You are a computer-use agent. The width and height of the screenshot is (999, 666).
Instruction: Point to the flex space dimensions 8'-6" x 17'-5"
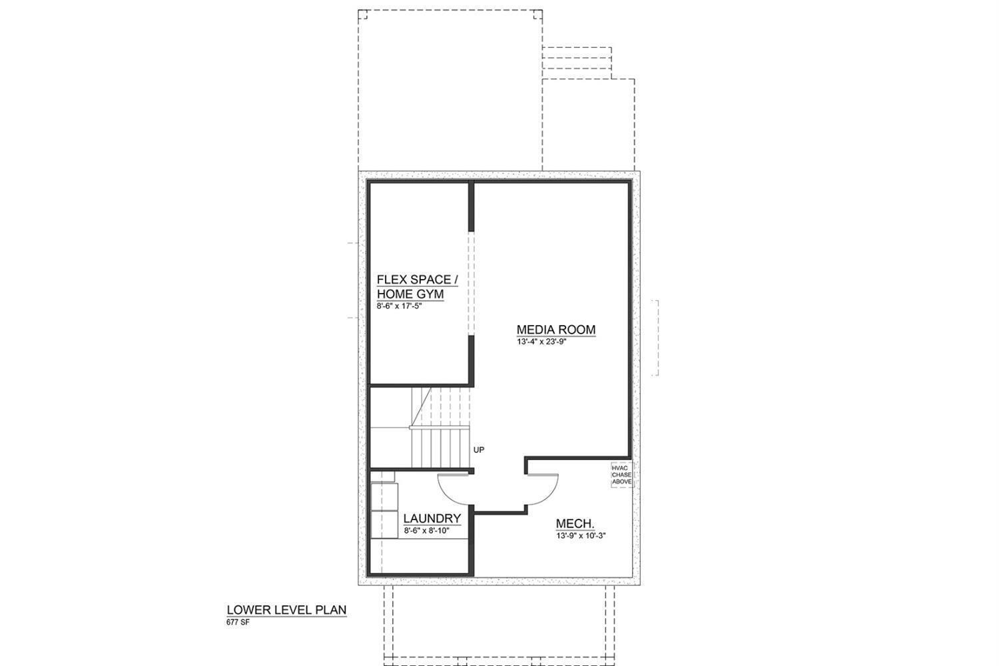(400, 307)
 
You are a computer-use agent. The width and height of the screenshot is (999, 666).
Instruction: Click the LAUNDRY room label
(432, 519)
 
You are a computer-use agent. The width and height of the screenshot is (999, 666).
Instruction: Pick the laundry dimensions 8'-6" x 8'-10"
(427, 531)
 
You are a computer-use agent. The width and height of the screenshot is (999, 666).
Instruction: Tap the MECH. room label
(575, 523)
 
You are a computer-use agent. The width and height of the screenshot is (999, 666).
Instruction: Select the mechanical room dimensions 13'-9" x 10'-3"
(580, 535)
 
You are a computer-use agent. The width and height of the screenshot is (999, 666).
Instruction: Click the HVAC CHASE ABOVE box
(621, 475)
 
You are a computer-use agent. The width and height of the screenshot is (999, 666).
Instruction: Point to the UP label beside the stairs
(479, 450)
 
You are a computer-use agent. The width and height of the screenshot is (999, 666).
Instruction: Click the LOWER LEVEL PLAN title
(286, 609)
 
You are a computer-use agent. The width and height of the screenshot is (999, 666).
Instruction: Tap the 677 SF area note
(238, 623)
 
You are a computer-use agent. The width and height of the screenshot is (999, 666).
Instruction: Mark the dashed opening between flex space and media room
(471, 283)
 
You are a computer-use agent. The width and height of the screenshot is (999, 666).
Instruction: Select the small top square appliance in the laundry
(382, 477)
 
